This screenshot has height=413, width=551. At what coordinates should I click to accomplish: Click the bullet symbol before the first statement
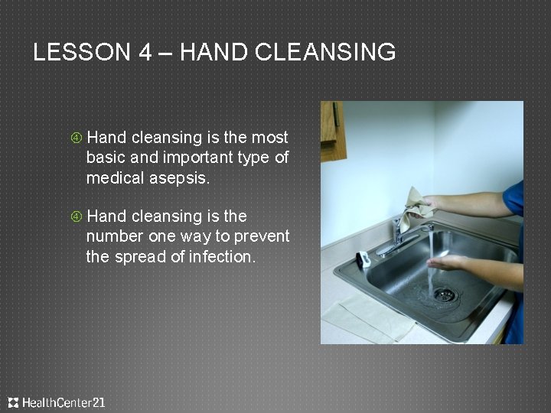[x=77, y=138]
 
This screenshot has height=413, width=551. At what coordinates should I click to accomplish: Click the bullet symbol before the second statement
[x=77, y=217]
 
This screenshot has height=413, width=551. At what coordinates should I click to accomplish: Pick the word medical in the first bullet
[x=112, y=178]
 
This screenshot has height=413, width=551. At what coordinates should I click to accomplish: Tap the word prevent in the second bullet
[x=263, y=237]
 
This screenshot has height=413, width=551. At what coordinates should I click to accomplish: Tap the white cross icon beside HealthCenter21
[x=13, y=402]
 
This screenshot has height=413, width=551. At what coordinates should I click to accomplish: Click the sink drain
[x=443, y=294]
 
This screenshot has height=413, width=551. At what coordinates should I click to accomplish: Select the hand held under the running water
[x=448, y=262]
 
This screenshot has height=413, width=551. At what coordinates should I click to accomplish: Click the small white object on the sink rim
[x=364, y=260]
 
